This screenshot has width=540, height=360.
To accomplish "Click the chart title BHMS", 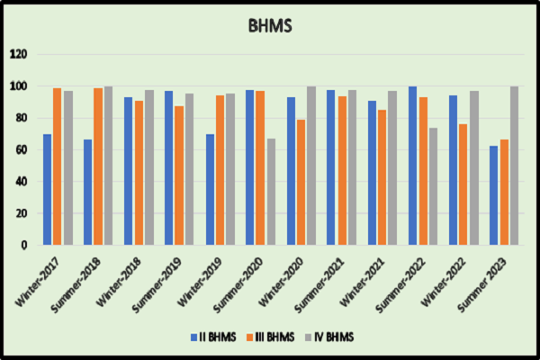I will coord(270,26).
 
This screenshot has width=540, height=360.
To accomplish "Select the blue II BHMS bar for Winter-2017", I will coord(47,189).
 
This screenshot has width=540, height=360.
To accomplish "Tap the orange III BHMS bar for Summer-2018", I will coord(97,166).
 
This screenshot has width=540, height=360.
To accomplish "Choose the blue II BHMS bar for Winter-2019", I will coord(210,189).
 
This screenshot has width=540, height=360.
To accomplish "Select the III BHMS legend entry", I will coord(273,338).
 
